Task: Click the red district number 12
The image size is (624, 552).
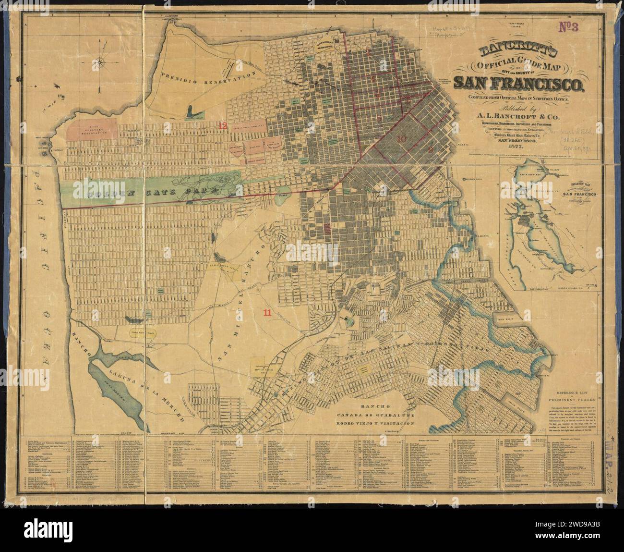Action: pyautogui.click(x=222, y=125)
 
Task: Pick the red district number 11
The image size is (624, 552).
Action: pyautogui.click(x=267, y=312)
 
